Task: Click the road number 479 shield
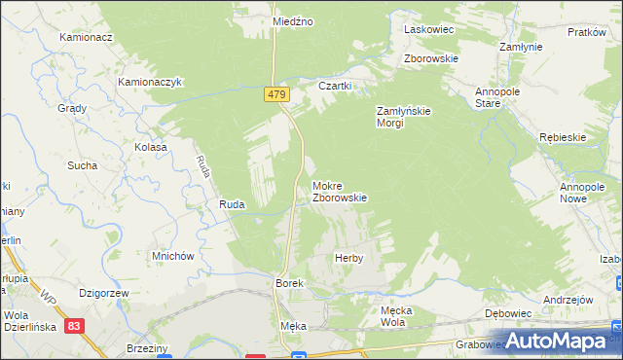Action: click(x=275, y=93)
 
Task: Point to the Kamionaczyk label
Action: click(x=151, y=83)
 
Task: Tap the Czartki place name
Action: click(x=334, y=86)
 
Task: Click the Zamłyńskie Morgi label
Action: click(x=404, y=116)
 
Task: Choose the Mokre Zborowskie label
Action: click(x=339, y=191)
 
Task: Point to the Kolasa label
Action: click(x=151, y=147)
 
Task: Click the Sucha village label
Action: click(x=82, y=165)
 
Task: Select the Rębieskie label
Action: click(x=563, y=137)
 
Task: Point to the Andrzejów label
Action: click(x=569, y=300)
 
